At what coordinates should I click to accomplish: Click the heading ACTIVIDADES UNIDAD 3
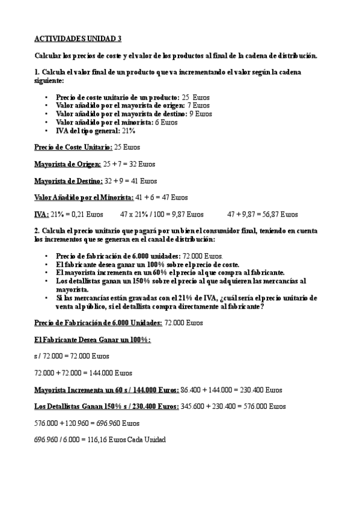[x=78, y=38]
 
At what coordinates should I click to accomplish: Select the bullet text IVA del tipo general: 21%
[x=95, y=130]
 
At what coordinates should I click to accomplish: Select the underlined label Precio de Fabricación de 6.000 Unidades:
[x=97, y=322]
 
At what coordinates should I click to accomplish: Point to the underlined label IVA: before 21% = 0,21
[x=41, y=214]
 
